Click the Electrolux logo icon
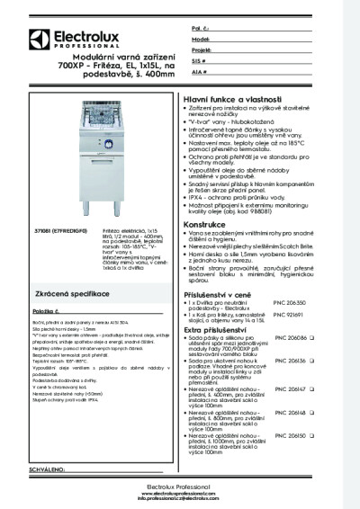coord(38,37)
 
